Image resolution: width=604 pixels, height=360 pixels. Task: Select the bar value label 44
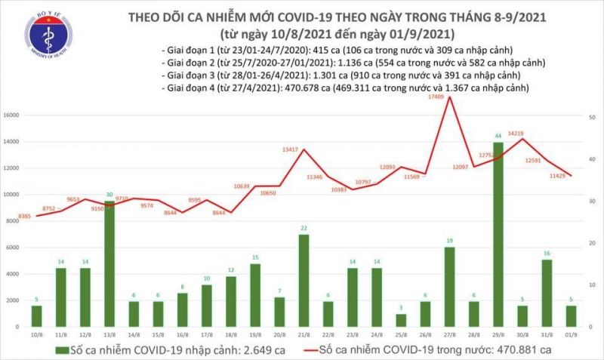(498, 137)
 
